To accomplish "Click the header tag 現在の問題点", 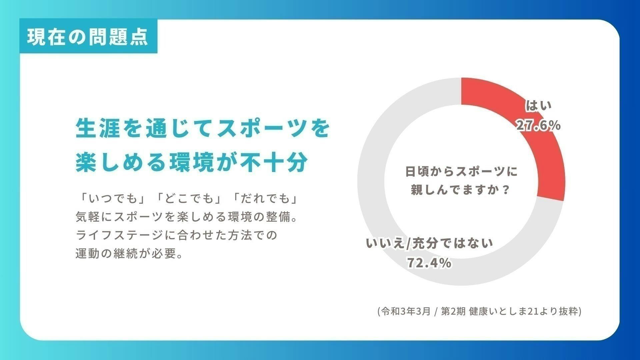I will click(88, 37).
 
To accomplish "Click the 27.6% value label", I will click(538, 126).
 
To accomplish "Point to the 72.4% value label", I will click(429, 263).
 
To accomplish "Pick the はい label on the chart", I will click(539, 106).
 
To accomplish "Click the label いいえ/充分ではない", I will click(429, 243).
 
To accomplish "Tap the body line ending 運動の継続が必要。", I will click(130, 254).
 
